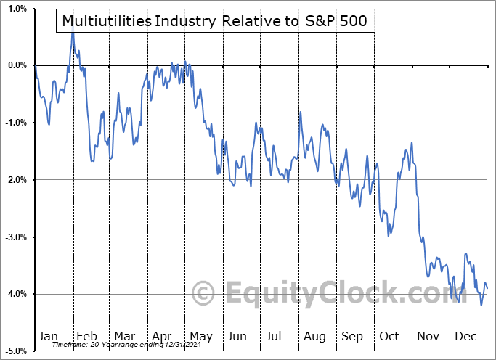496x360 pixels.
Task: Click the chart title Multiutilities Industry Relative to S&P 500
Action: pyautogui.click(x=216, y=22)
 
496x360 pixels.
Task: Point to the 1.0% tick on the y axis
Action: pyautogui.click(x=15, y=9)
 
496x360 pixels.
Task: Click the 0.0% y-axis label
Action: pyautogui.click(x=15, y=66)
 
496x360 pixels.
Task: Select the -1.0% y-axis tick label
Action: pyautogui.click(x=14, y=123)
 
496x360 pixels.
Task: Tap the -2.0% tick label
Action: pyautogui.click(x=14, y=180)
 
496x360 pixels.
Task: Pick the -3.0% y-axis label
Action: pyautogui.click(x=14, y=237)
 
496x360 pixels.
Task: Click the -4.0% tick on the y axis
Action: pyautogui.click(x=14, y=294)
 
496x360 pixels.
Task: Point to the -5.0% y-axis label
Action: pyautogui.click(x=14, y=351)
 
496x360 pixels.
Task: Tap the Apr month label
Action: pyautogui.click(x=161, y=336)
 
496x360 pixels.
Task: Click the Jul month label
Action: pyautogui.click(x=274, y=336)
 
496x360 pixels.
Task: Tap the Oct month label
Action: pyautogui.click(x=389, y=336)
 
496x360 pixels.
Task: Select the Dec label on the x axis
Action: pyautogui.click(x=465, y=336)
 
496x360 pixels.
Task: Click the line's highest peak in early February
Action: pyautogui.click(x=73, y=33)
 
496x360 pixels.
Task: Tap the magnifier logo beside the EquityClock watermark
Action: pyautogui.click(x=205, y=294)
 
